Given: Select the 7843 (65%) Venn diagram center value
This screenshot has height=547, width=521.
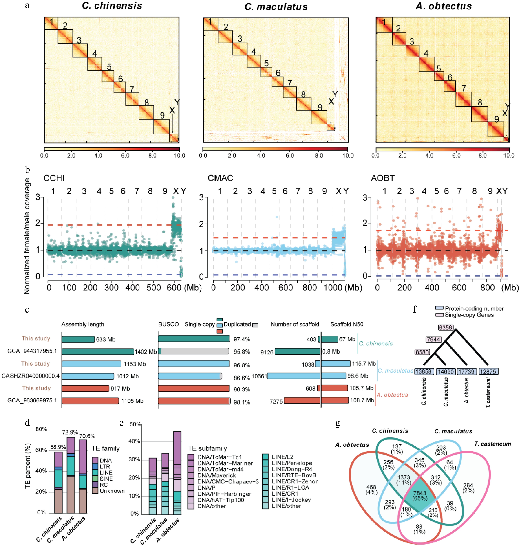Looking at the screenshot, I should [420, 495].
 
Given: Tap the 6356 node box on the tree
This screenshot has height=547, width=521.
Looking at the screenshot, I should [446, 327].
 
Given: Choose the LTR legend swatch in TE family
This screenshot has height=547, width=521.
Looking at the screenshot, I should [95, 467].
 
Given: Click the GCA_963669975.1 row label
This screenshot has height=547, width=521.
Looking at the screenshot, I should [32, 400].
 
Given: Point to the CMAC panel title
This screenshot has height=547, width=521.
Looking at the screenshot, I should [220, 178].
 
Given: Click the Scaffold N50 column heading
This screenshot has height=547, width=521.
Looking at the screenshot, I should [347, 324].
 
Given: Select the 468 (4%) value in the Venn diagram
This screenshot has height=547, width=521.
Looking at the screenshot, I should [371, 490].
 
